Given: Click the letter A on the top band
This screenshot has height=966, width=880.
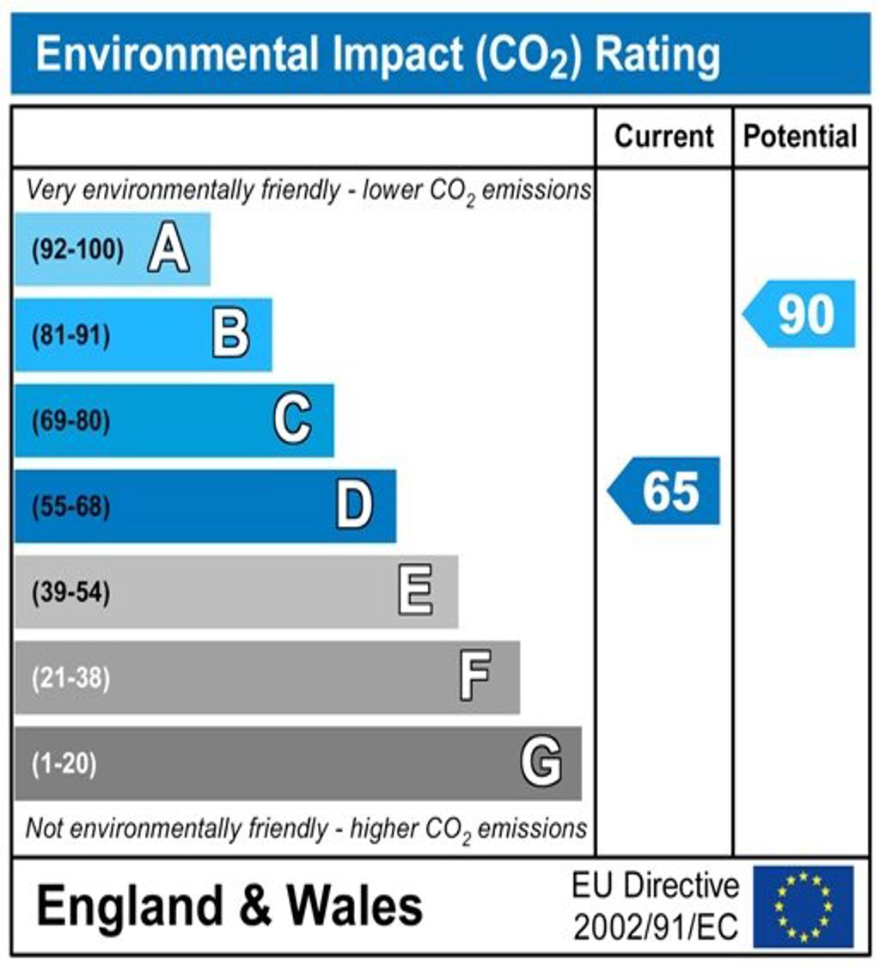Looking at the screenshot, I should [x=168, y=250].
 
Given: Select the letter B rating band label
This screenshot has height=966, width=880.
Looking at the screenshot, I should [x=230, y=335].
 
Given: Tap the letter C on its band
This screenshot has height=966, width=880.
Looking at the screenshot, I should [x=292, y=421].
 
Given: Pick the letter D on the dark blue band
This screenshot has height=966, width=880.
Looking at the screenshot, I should [x=354, y=506].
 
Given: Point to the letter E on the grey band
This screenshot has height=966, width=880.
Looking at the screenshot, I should [x=416, y=592].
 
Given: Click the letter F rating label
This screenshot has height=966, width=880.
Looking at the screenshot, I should [x=475, y=677].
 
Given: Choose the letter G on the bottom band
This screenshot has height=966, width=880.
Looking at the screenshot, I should [x=541, y=762].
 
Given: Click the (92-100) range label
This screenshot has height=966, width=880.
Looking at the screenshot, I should [x=77, y=251].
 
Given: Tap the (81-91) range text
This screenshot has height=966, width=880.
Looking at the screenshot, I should [x=70, y=336].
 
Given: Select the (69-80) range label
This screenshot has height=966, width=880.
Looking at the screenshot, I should [x=70, y=422].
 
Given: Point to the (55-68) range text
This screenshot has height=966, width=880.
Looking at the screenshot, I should [x=70, y=507].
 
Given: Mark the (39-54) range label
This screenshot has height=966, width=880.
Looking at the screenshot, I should [x=70, y=593].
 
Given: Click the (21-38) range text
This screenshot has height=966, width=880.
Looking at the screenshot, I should [x=70, y=678].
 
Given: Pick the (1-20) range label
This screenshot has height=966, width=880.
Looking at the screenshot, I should [x=64, y=763].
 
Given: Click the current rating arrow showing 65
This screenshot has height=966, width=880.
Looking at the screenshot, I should [x=665, y=491].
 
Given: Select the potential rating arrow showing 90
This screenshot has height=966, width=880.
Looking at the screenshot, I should [x=800, y=314].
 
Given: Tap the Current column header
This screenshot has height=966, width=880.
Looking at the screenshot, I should [x=664, y=137].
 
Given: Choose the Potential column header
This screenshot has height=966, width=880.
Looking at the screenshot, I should [x=800, y=137].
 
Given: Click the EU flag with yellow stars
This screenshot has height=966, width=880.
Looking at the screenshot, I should [x=804, y=906].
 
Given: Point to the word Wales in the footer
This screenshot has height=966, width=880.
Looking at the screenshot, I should [x=354, y=906].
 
